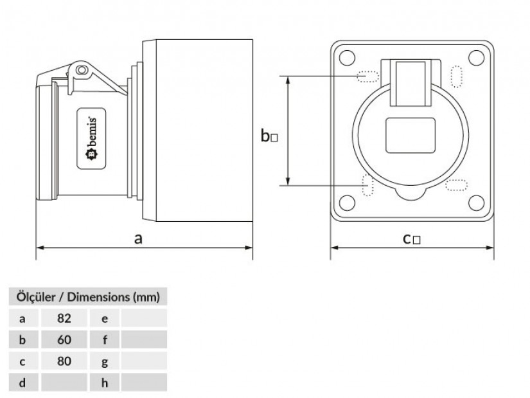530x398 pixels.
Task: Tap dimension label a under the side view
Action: [138, 239]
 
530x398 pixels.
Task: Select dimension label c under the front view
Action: [411, 239]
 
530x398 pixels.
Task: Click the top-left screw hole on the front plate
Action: [346, 57]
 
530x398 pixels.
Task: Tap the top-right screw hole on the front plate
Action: [476, 57]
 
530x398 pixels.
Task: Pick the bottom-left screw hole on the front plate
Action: [346, 203]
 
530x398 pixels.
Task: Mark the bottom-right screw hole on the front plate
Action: [476, 203]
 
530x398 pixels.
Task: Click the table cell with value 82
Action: [64, 318]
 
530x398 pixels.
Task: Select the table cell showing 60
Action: [64, 339]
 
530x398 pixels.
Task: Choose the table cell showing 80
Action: [64, 361]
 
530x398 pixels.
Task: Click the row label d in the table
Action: [22, 383]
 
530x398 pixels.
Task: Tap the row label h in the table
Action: [105, 383]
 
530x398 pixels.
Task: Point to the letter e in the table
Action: [105, 318]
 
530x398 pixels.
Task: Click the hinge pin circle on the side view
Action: [80, 69]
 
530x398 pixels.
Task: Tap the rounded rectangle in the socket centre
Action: [411, 136]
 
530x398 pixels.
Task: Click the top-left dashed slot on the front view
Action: [368, 77]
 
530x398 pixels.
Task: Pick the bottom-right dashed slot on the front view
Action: [457, 186]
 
